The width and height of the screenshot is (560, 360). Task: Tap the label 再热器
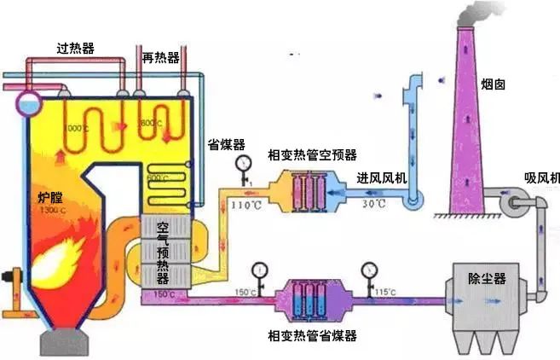(162, 57)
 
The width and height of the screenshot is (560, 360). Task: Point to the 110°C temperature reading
(244, 208)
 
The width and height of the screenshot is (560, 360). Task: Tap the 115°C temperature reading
(384, 293)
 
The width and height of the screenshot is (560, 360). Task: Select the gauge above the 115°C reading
(369, 271)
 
